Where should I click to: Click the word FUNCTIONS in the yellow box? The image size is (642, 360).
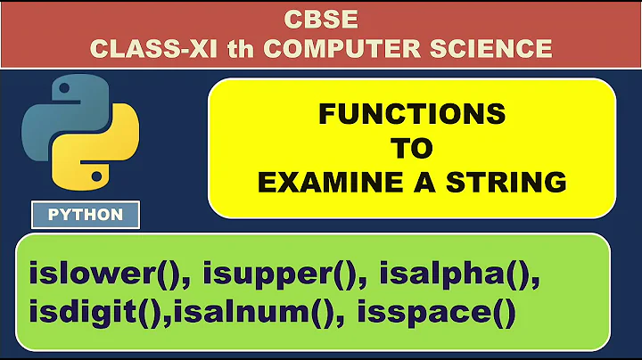coord(412,114)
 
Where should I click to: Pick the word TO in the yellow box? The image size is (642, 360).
coord(412,148)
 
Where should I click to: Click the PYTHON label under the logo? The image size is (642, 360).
coord(86,215)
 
